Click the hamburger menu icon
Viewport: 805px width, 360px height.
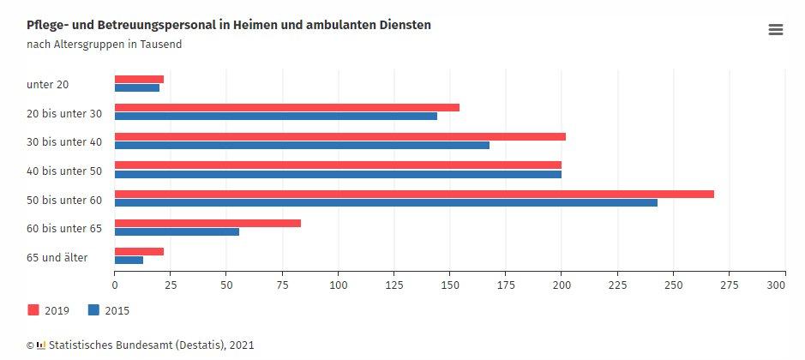tap(776, 30)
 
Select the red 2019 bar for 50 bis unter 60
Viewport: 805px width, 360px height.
tap(414, 195)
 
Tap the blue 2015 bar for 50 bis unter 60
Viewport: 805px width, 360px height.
tap(386, 203)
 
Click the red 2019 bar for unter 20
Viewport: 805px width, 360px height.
tap(139, 80)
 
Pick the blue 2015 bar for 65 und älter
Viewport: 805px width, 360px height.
tap(129, 261)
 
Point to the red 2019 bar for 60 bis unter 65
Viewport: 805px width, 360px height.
tap(207, 223)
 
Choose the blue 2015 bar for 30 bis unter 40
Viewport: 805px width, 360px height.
tap(302, 145)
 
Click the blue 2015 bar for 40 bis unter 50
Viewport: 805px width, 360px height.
tap(338, 174)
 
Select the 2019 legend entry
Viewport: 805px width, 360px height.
tap(49, 310)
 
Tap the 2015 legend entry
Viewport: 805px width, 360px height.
tap(108, 310)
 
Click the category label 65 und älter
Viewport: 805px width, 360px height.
tap(57, 257)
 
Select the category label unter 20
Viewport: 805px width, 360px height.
tap(48, 85)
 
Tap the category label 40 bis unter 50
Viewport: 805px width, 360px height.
tap(64, 171)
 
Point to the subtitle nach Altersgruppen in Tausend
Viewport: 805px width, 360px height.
tap(105, 45)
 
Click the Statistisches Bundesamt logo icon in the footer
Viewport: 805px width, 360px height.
tap(41, 345)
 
